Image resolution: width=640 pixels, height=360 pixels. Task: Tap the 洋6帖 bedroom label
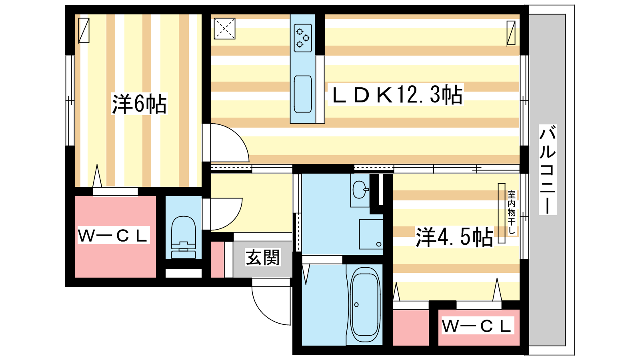(139, 104)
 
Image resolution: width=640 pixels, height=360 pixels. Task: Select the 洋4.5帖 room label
(454, 237)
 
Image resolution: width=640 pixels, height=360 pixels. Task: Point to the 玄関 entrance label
(262, 257)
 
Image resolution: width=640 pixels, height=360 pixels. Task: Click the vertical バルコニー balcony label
(548, 170)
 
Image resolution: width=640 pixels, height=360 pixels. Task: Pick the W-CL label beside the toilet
(113, 235)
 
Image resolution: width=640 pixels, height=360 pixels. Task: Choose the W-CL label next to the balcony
(476, 326)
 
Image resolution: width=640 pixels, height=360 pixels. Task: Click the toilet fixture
(184, 237)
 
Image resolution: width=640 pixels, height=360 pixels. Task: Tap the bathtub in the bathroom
(366, 304)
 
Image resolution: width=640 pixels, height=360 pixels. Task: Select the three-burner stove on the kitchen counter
(303, 38)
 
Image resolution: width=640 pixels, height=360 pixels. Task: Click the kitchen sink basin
(303, 94)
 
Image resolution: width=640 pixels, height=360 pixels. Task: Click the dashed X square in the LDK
(224, 28)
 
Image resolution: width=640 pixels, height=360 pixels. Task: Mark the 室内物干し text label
(512, 212)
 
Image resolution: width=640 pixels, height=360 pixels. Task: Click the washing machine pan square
(371, 234)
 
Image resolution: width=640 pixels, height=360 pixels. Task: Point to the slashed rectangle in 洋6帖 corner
(84, 30)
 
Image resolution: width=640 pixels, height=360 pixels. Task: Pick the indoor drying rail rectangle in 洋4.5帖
(502, 213)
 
